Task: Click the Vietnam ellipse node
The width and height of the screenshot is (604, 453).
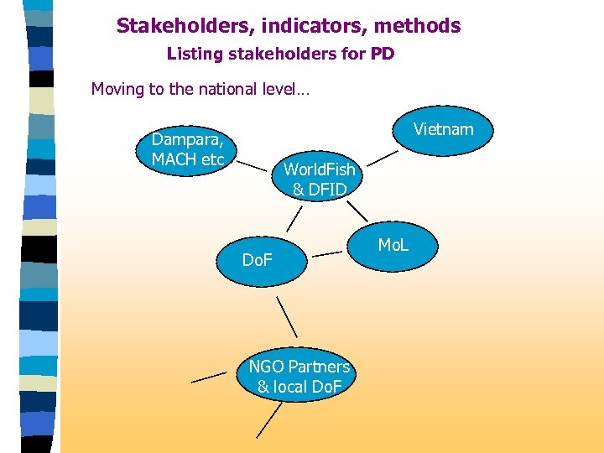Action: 443,129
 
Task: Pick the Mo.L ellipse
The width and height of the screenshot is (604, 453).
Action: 393,246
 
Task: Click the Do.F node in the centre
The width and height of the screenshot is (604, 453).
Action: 257,261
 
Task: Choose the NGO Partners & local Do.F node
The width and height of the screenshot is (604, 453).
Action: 299,377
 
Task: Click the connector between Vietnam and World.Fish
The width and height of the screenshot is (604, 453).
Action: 383,158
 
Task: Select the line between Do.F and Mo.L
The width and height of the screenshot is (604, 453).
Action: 331,252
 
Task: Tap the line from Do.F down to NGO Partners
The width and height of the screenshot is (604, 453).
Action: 287,316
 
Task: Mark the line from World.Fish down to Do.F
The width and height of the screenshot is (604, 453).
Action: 293,217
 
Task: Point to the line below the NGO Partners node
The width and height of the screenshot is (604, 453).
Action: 269,419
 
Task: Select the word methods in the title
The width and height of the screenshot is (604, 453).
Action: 425,26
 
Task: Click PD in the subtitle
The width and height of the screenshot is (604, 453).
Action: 383,55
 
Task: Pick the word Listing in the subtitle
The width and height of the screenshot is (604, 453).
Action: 192,55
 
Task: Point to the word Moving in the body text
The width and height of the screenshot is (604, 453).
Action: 117,89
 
